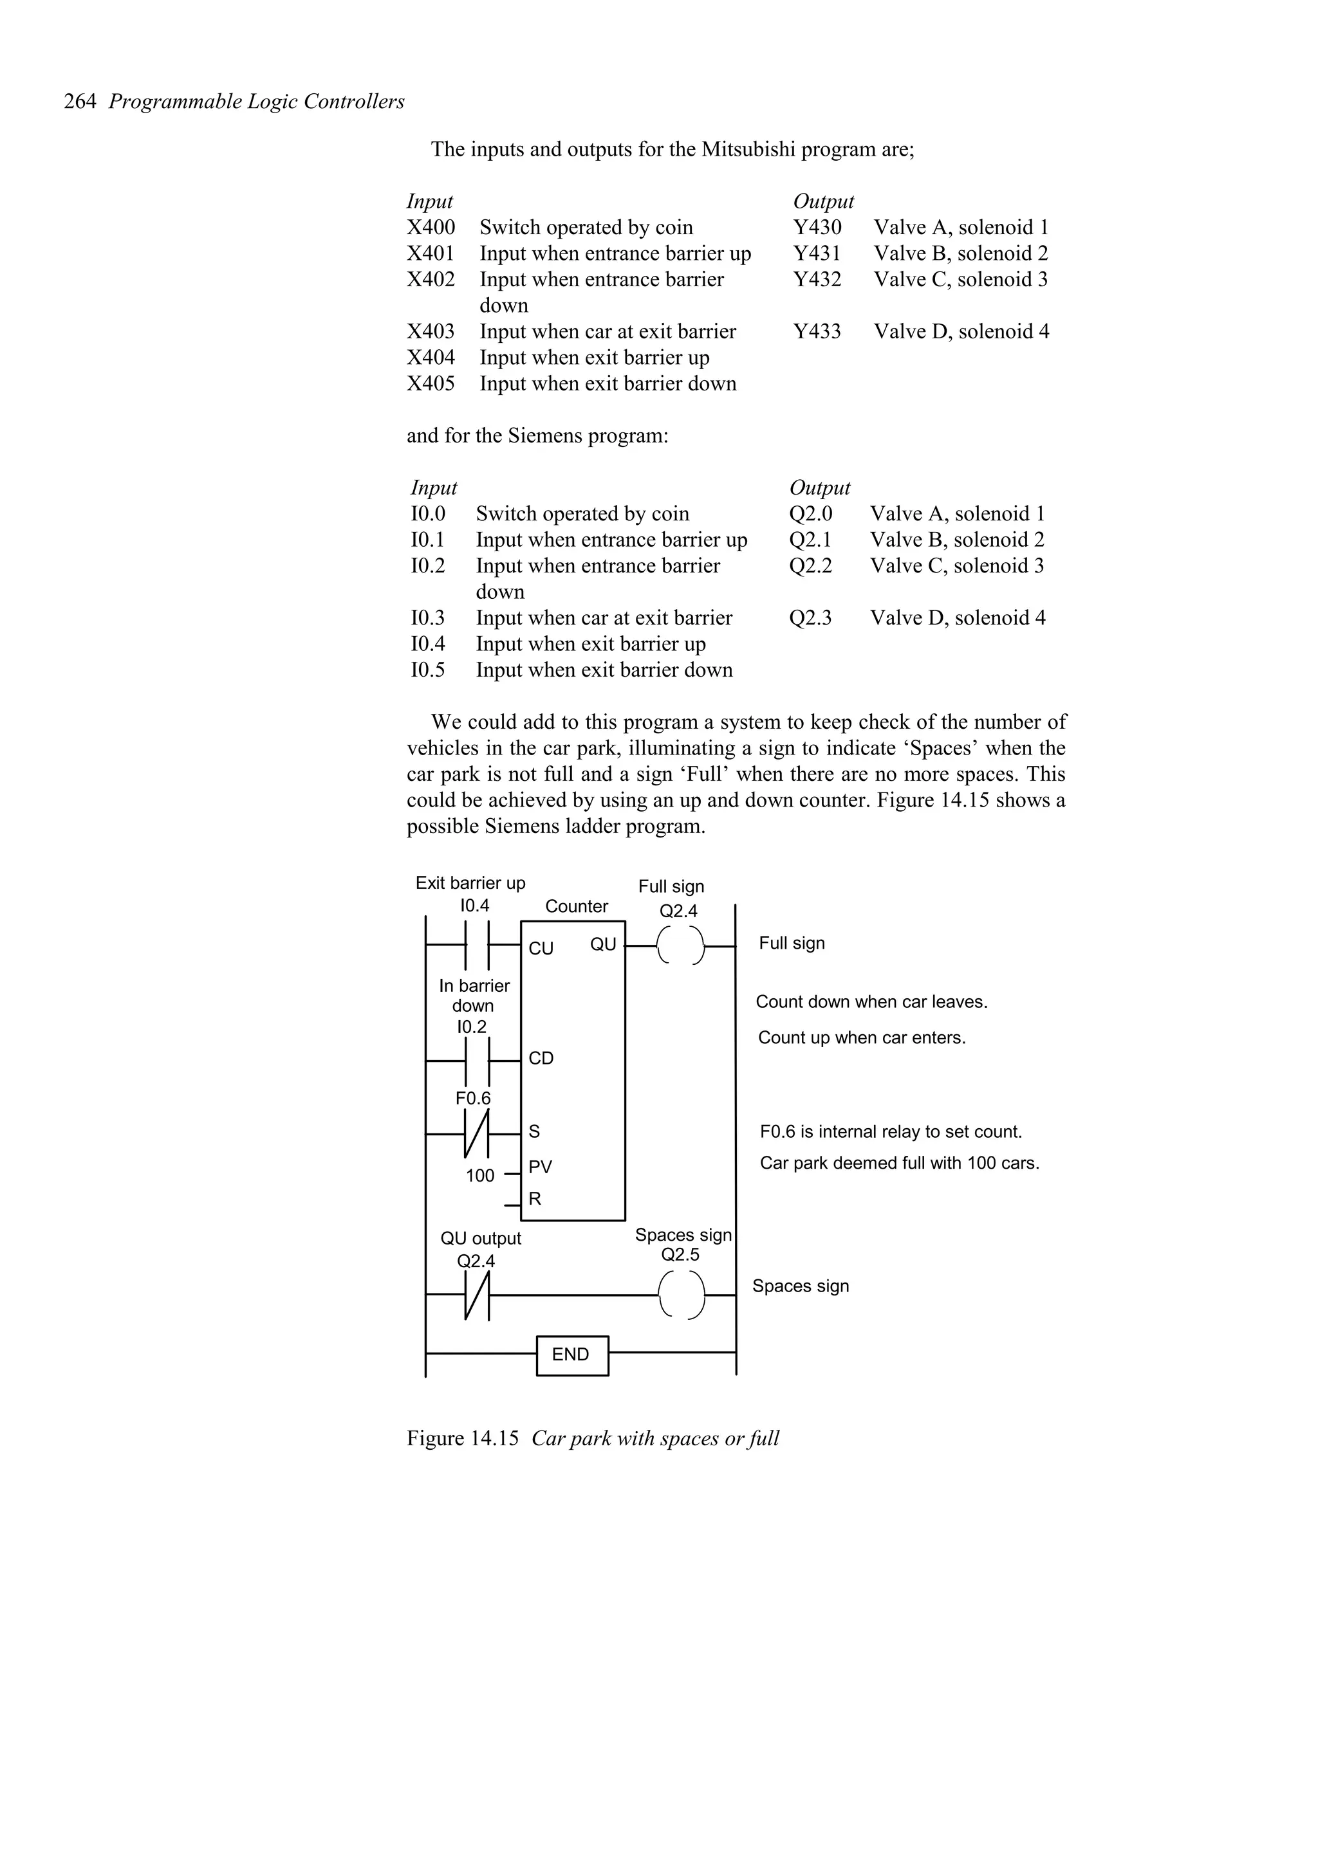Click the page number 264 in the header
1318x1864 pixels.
[x=80, y=102]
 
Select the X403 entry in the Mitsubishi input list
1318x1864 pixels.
[x=431, y=331]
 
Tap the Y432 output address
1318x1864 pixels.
[x=817, y=279]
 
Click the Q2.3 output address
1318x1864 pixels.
[x=810, y=618]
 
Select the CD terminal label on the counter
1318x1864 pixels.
[x=541, y=1058]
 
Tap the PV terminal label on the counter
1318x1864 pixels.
[x=540, y=1167]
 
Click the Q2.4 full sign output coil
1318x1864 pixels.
[x=680, y=946]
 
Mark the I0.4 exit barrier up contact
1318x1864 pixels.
[x=477, y=946]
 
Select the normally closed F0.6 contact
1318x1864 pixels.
[x=477, y=1133]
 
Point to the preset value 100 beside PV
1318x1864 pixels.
[x=480, y=1176]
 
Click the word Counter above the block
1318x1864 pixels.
[x=576, y=906]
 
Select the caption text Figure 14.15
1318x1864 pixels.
[x=462, y=1439]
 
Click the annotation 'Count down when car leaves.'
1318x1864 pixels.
[x=871, y=1002]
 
